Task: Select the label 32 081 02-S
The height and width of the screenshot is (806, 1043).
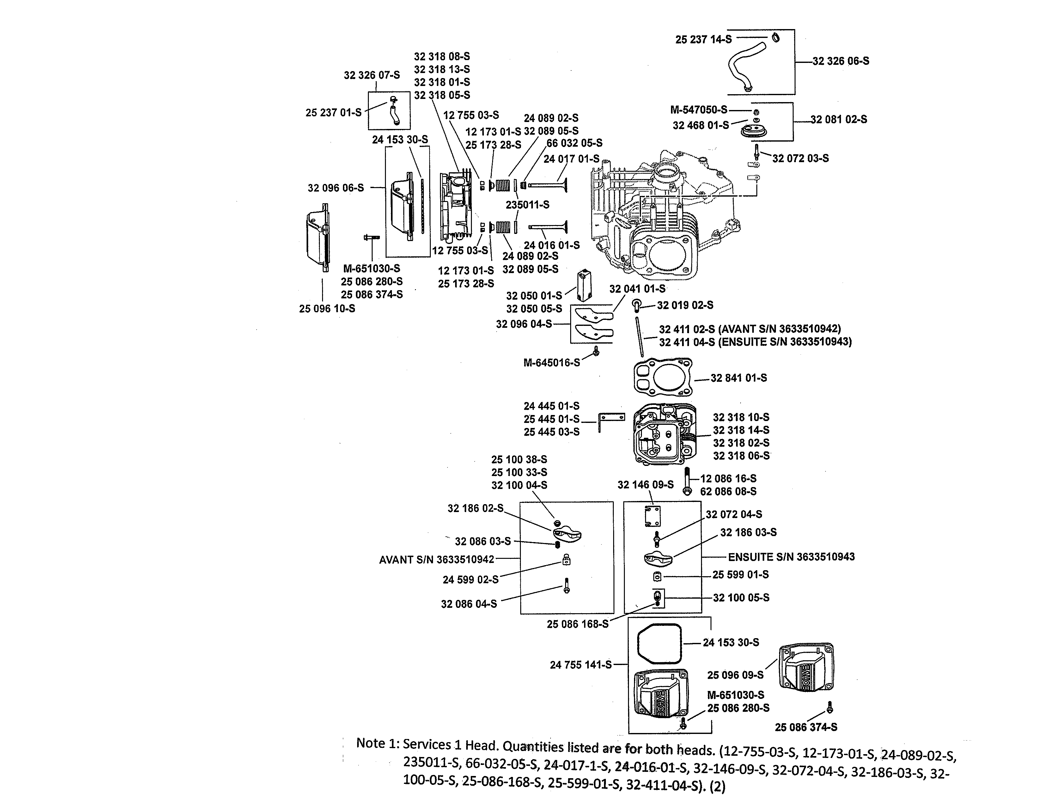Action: pyautogui.click(x=839, y=119)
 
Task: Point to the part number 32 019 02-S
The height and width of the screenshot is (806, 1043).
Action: pyautogui.click(x=685, y=305)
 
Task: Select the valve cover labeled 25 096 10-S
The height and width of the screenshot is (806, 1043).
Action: pyautogui.click(x=317, y=239)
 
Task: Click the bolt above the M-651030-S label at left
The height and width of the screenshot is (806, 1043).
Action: pyautogui.click(x=371, y=237)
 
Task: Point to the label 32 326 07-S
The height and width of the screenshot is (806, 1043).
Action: pyautogui.click(x=372, y=76)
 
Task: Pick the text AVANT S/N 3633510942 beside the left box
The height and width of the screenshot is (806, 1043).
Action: pyautogui.click(x=436, y=559)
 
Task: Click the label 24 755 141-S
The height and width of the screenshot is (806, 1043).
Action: pyautogui.click(x=580, y=665)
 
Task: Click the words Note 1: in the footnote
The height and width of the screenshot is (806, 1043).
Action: pyautogui.click(x=377, y=743)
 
